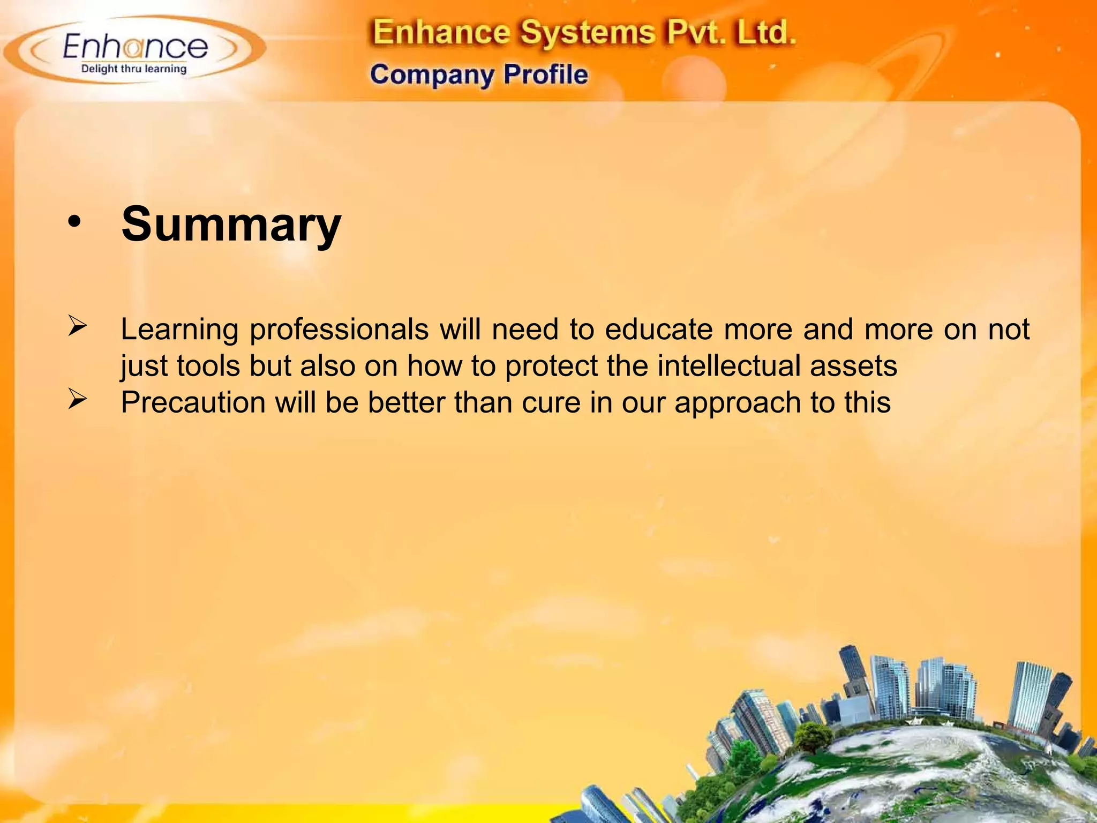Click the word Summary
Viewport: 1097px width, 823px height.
[x=231, y=224]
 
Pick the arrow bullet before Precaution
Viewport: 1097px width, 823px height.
[x=77, y=400]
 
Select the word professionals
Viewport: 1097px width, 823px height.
[x=339, y=329]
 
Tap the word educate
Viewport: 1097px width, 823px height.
[x=659, y=329]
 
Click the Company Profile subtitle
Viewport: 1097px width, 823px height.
[x=479, y=74]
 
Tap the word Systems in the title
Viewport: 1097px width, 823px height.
[x=587, y=33]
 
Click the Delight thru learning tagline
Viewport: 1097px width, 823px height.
[x=134, y=69]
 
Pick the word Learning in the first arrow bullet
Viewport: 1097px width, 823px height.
[x=179, y=330]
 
